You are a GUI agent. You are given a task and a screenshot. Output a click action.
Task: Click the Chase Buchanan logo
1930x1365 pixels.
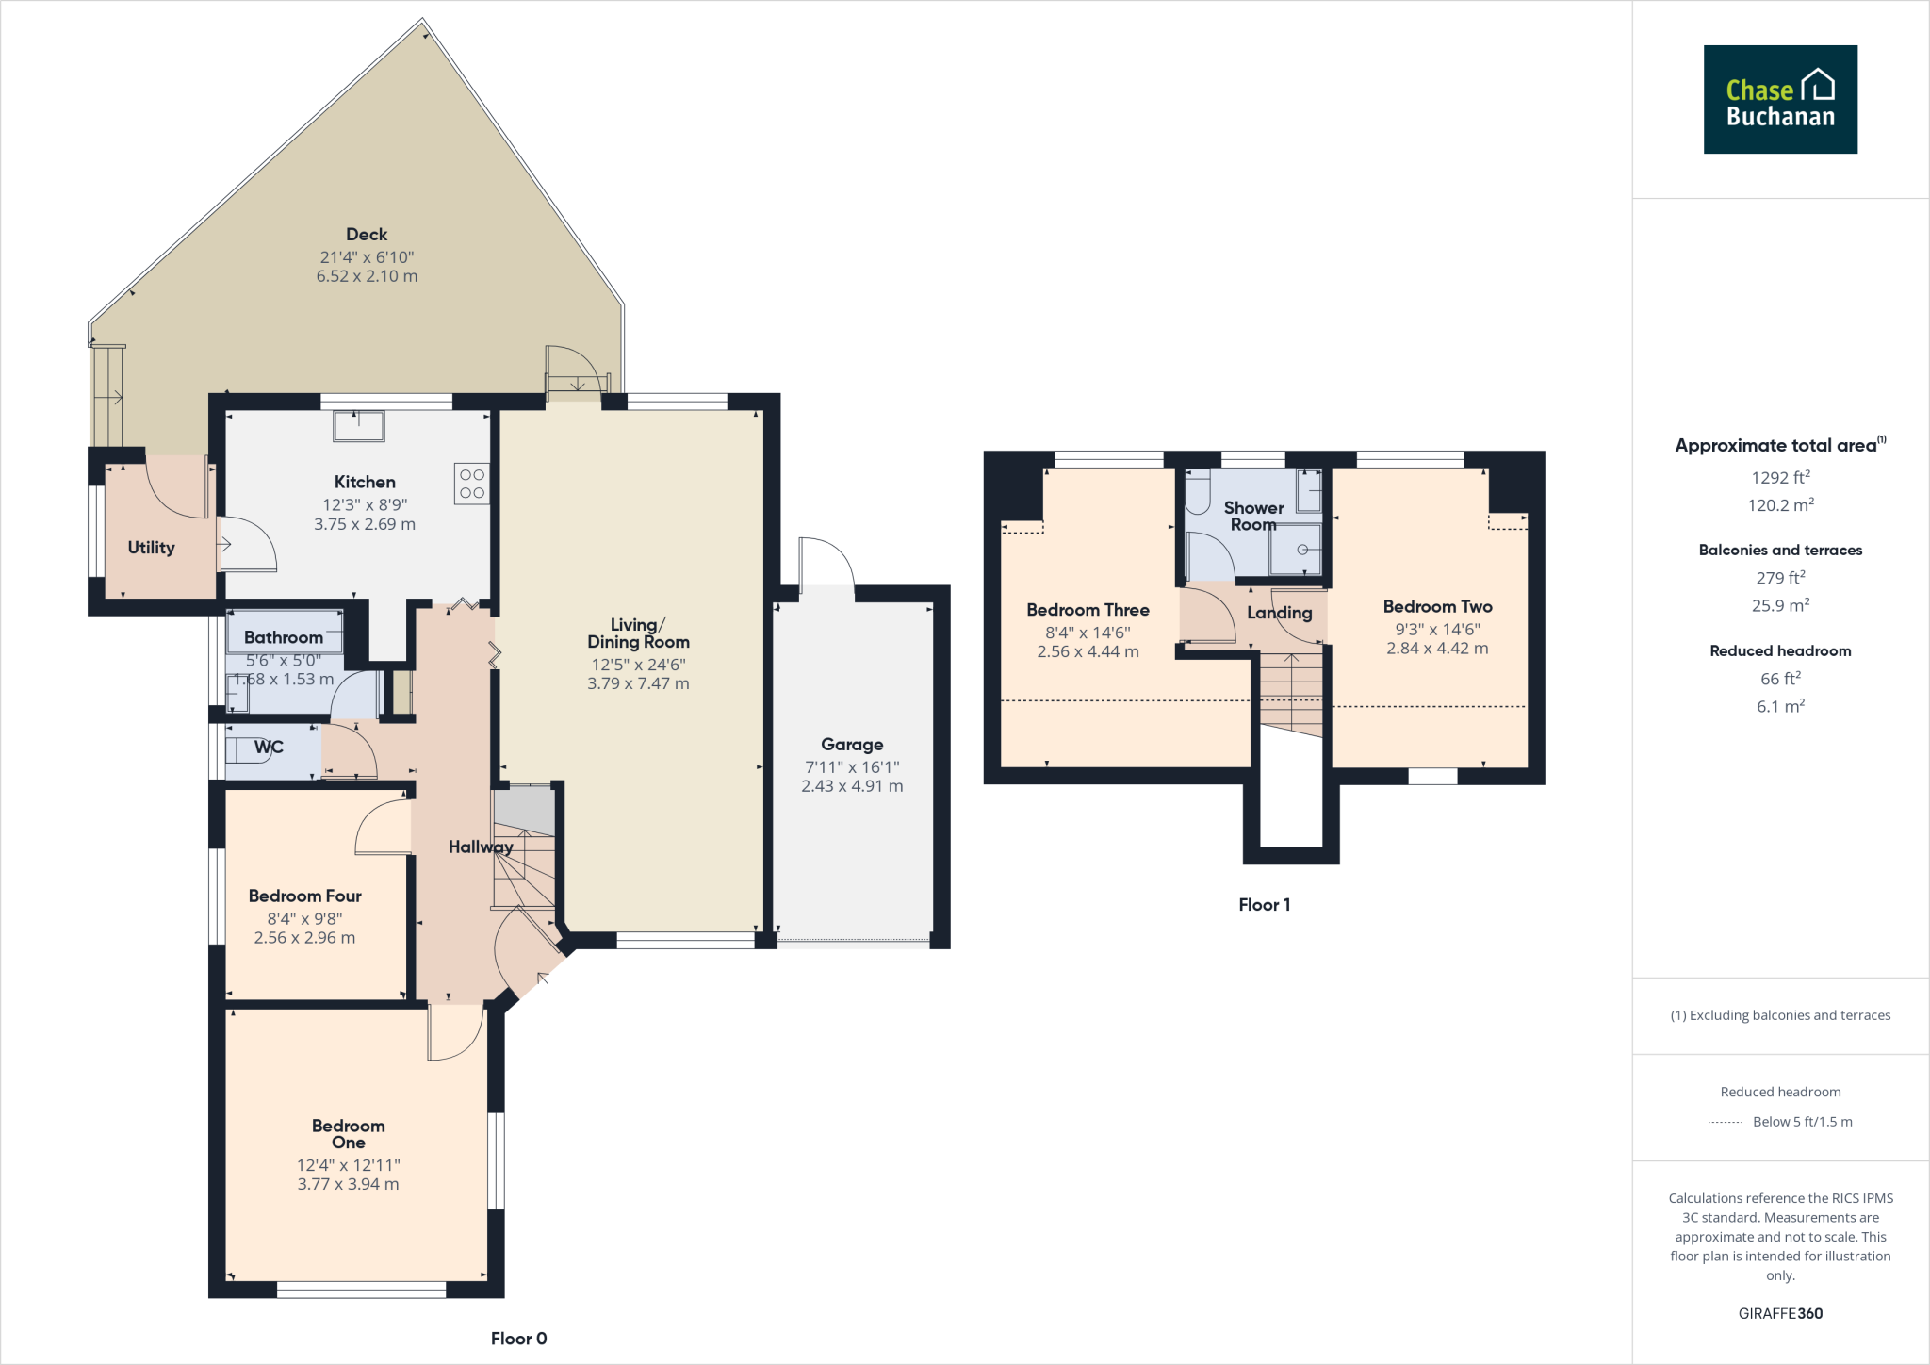coord(1779,100)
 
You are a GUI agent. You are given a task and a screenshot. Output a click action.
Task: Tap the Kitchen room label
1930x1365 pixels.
coord(365,482)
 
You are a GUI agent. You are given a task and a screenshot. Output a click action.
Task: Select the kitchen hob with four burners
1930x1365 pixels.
coord(472,484)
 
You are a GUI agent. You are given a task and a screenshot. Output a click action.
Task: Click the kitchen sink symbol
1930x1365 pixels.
coord(358,426)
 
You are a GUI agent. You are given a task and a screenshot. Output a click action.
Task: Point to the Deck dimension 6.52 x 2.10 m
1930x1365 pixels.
coord(367,276)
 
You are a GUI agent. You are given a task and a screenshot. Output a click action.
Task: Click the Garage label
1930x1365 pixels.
coord(852,744)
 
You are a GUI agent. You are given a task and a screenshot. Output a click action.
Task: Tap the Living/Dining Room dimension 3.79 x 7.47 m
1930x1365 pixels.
coord(638,683)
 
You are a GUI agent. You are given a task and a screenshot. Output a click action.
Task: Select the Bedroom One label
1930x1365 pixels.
coord(348,1133)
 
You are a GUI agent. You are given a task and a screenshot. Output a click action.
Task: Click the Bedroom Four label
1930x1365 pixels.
coord(304,896)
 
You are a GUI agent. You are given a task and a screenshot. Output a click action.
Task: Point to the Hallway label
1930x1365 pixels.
coord(480,847)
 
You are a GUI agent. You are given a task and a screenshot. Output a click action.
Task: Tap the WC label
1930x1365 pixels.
coord(269,747)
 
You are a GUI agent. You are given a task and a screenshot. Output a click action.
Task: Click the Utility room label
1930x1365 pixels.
coord(151,547)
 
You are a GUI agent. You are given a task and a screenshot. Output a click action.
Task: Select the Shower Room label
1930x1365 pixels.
coord(1253,516)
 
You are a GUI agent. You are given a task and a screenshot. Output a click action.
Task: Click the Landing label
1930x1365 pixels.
coord(1279,613)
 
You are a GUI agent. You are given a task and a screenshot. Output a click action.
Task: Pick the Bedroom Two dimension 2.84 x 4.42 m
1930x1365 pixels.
coord(1437,649)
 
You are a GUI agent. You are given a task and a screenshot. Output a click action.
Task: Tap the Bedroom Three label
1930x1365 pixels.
coord(1088,610)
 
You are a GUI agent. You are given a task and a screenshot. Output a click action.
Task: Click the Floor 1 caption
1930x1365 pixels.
coord(1264,904)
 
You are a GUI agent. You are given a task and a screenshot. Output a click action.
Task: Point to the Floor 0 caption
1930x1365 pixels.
coord(518,1338)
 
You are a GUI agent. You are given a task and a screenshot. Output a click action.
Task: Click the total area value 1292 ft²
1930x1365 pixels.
coord(1780,478)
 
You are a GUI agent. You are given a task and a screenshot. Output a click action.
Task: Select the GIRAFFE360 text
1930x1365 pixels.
coord(1780,1313)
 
